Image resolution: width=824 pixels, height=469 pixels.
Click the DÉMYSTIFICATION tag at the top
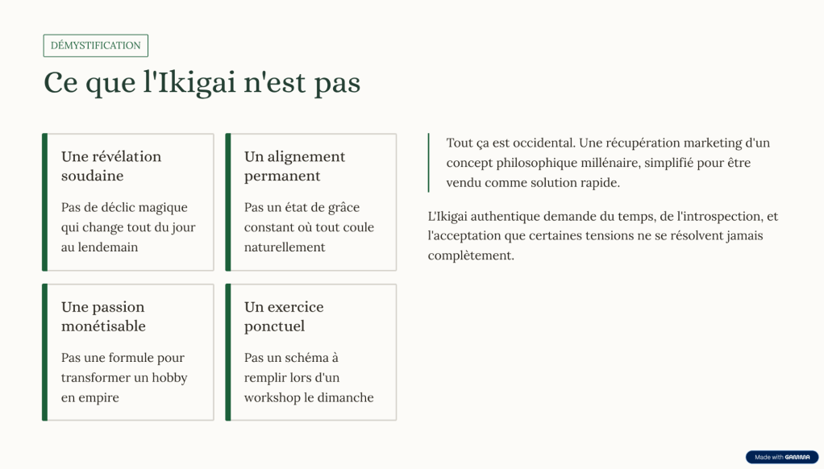(x=96, y=46)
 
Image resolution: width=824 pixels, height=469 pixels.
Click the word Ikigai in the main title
(x=198, y=83)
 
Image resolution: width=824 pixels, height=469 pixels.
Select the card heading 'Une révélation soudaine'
(x=111, y=166)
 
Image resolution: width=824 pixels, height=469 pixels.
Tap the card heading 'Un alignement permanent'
(x=294, y=166)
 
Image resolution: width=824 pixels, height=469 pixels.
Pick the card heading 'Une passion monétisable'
(x=103, y=316)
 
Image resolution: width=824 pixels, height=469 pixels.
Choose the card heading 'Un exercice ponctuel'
(x=284, y=316)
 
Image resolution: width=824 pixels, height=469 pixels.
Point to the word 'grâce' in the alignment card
(x=343, y=207)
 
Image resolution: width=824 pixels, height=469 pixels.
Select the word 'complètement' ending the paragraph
(x=471, y=255)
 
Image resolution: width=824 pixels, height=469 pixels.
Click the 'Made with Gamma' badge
(x=782, y=457)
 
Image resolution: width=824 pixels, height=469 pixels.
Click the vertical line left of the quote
(x=429, y=163)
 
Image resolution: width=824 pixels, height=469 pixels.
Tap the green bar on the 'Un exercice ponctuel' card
(x=228, y=352)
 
